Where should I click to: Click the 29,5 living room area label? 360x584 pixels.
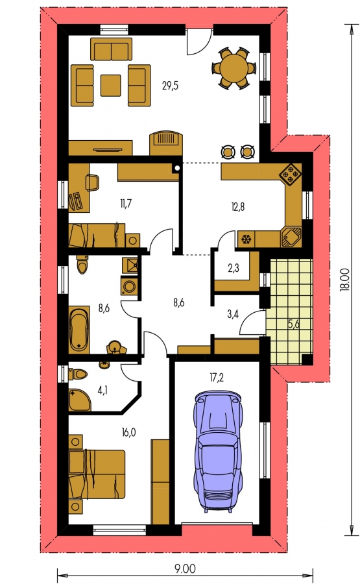170,86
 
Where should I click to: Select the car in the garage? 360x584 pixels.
218,451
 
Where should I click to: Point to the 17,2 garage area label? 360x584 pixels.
217,378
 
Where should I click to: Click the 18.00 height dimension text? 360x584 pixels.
346,279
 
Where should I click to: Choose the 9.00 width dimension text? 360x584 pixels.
185,568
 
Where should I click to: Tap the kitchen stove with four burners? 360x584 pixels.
291,173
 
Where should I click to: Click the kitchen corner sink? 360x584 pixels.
291,237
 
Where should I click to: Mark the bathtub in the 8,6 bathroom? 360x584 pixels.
79,330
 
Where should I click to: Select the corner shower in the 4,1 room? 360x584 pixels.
79,400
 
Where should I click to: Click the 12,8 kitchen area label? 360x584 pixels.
237,207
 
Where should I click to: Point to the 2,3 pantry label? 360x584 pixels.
233,268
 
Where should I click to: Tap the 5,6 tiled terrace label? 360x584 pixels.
294,324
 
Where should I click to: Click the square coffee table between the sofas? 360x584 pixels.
110,85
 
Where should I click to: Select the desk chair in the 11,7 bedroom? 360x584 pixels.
93,183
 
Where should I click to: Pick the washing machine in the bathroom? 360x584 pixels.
129,287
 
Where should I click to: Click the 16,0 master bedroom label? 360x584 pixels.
128,432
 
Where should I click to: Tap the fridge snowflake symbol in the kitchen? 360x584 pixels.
246,239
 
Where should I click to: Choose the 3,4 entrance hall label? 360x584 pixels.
233,315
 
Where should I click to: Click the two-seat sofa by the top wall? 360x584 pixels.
111,49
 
